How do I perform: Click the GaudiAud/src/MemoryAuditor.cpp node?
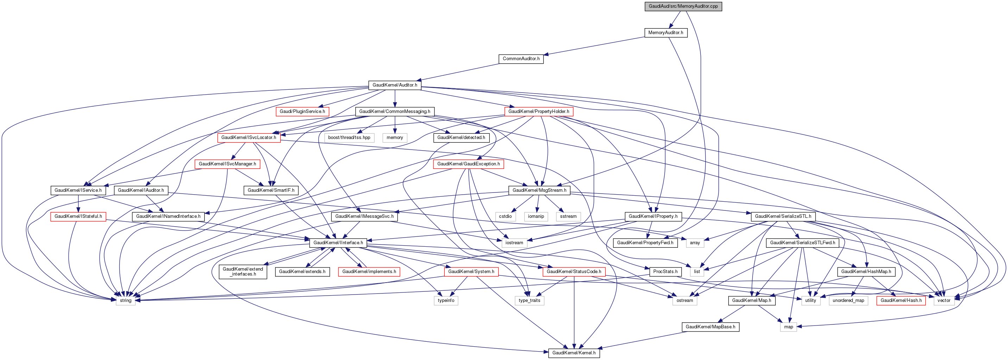click(683, 6)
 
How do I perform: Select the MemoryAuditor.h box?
click(666, 32)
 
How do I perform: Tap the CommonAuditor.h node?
click(521, 59)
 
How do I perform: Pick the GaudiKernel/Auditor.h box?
click(395, 85)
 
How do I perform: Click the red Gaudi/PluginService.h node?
click(303, 112)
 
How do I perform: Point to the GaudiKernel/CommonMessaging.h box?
click(395, 112)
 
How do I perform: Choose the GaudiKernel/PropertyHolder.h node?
click(539, 112)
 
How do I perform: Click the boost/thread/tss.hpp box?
click(349, 138)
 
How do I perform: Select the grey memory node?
click(395, 138)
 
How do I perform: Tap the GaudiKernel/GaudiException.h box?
click(468, 164)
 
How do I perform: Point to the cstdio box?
click(505, 216)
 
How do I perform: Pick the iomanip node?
click(536, 216)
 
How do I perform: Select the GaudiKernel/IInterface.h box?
click(338, 242)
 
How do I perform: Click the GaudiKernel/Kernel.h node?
click(573, 353)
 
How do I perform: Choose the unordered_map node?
click(848, 301)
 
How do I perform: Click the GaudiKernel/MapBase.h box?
click(710, 327)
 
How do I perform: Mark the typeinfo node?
click(446, 301)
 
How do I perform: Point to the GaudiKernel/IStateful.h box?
click(78, 216)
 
